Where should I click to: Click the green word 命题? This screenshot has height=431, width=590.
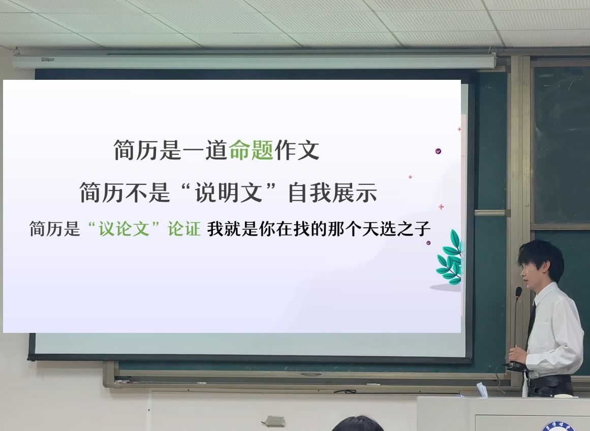coord(251,150)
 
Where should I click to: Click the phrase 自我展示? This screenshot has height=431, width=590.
coord(332,193)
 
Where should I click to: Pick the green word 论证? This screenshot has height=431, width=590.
coord(184,229)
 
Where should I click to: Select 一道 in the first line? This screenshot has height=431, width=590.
coord(205,150)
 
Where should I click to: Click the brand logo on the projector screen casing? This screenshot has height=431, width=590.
coord(48,59)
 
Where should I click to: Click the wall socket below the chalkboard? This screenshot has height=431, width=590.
coord(275,421)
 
